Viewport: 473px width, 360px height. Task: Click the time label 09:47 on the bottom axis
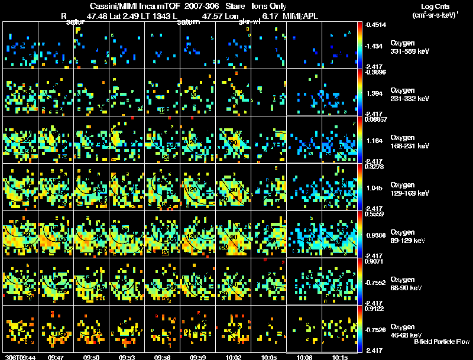pos(56,357)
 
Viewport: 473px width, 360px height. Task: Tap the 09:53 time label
pos(127,357)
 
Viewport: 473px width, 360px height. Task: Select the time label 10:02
pos(234,357)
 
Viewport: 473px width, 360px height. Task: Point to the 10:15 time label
pos(340,357)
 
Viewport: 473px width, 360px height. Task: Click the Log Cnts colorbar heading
pos(433,7)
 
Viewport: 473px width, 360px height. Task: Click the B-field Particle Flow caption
pos(441,342)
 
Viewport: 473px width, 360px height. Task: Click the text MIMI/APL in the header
pos(302,17)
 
